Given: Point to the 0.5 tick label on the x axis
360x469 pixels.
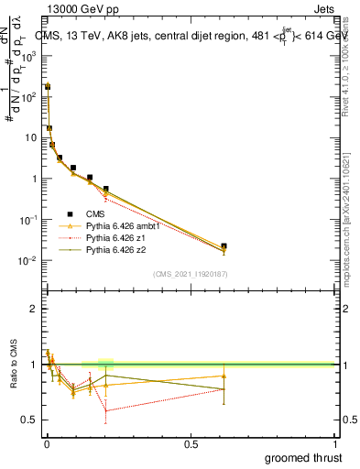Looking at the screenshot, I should (191, 443).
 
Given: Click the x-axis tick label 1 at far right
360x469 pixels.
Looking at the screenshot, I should (334, 443).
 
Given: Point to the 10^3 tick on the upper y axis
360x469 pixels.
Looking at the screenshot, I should (29, 55).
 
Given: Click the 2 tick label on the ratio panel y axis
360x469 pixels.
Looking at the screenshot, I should (34, 309).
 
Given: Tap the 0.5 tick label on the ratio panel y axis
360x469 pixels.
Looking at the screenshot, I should (29, 420).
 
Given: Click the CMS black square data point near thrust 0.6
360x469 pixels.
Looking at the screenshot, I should (224, 246).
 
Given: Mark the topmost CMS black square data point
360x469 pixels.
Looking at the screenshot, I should (48, 86).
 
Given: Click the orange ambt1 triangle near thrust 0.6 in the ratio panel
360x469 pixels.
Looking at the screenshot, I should (224, 376).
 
